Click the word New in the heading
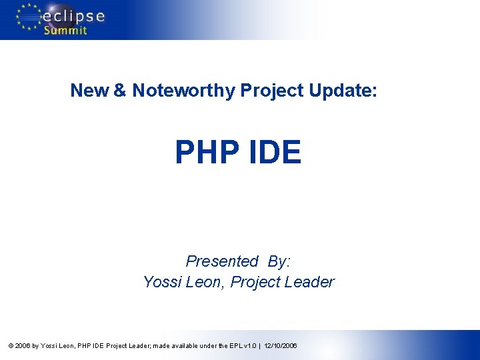pyautogui.click(x=90, y=91)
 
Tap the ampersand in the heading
pyautogui.click(x=120, y=91)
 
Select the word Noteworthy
pyautogui.click(x=183, y=91)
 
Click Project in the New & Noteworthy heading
pyautogui.click(x=271, y=91)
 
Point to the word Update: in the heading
pyautogui.click(x=343, y=91)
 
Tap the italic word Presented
pyautogui.click(x=222, y=261)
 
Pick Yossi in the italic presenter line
pyautogui.click(x=161, y=282)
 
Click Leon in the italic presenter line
pyautogui.click(x=204, y=282)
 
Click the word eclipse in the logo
pyautogui.click(x=75, y=15)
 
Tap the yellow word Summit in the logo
pyautogui.click(x=65, y=31)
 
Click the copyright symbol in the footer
pyautogui.click(x=10, y=346)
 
